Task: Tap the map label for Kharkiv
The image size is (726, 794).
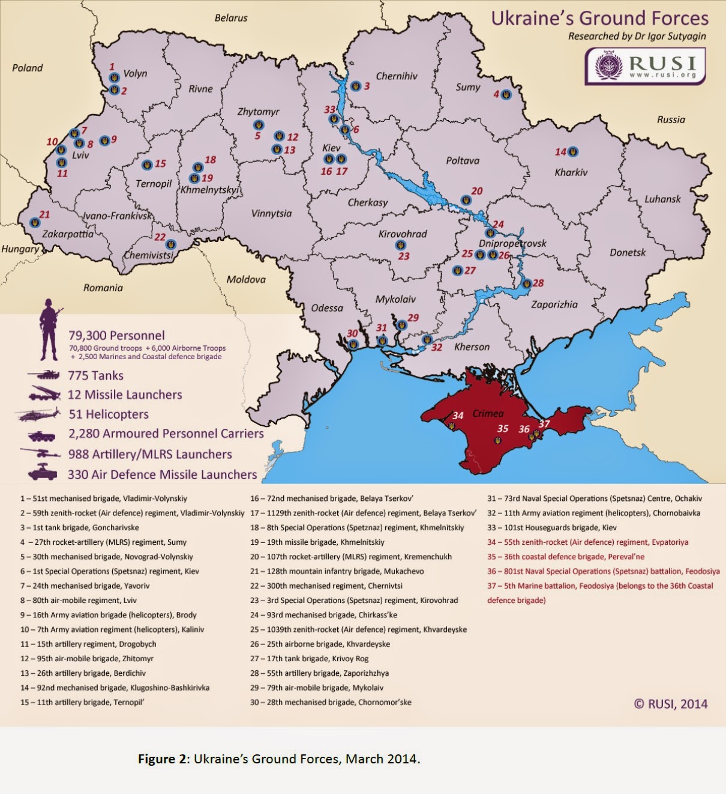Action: tap(571, 172)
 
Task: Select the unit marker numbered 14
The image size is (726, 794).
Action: tap(573, 151)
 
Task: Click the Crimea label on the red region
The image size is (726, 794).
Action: tap(488, 413)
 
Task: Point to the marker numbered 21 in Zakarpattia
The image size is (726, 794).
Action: tap(35, 222)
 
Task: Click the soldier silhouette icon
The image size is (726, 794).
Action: tap(48, 329)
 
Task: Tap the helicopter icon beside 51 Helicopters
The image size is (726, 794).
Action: tap(39, 414)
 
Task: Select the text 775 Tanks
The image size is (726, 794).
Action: tap(95, 375)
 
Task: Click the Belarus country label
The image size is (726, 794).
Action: tap(231, 18)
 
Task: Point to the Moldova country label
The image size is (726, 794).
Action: tap(246, 279)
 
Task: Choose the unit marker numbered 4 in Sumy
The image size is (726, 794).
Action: tap(506, 94)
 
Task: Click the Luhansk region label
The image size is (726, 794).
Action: tap(662, 199)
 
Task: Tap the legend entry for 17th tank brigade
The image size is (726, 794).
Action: tap(309, 658)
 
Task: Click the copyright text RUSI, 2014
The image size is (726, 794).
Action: tap(671, 704)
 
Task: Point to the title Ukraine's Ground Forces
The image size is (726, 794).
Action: tap(599, 18)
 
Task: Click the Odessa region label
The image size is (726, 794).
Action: tap(327, 308)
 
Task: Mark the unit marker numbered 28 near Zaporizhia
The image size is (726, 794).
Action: tap(526, 283)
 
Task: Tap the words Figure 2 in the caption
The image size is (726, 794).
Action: tap(163, 759)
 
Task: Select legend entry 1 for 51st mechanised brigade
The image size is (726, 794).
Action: tap(103, 499)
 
